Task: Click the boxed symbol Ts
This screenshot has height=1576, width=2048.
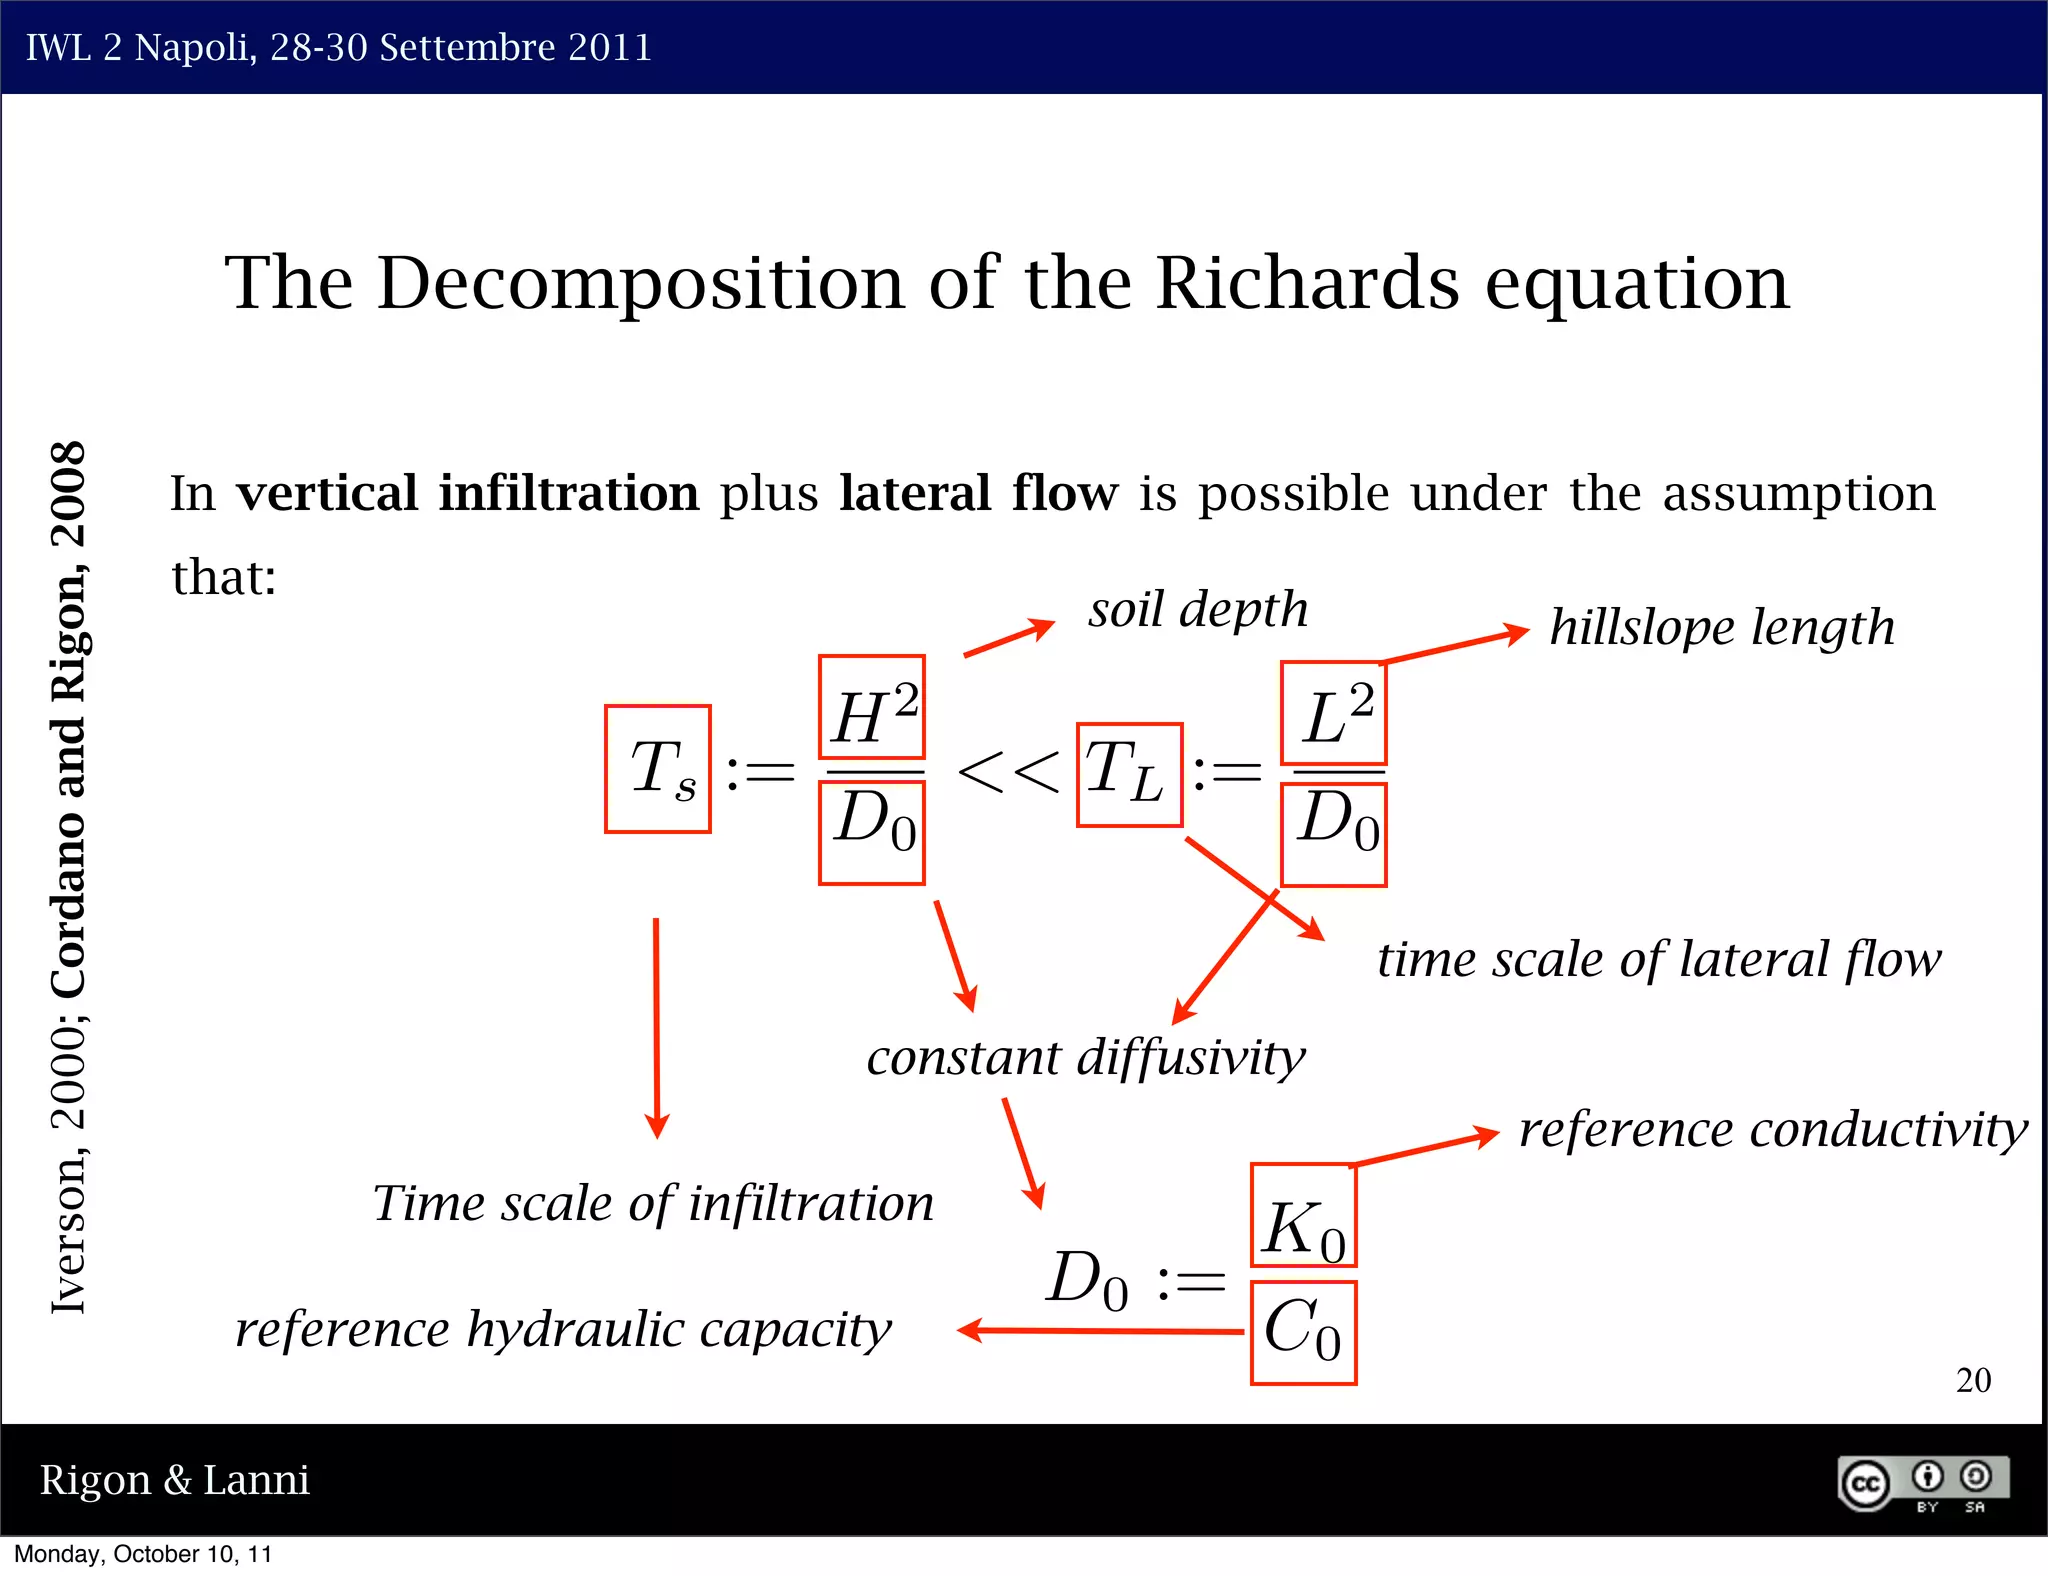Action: (x=658, y=769)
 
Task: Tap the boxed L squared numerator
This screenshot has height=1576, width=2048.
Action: (x=1334, y=712)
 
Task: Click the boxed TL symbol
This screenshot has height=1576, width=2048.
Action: (x=1129, y=775)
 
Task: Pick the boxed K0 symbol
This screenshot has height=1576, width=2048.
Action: (x=1303, y=1215)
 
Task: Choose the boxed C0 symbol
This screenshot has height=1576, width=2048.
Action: (x=1303, y=1332)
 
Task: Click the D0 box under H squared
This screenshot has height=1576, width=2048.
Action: (x=872, y=832)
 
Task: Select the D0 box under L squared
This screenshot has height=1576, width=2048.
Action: (x=1334, y=834)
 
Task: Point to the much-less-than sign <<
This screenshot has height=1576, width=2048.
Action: (x=1008, y=773)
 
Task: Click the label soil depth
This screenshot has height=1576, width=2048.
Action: (x=1198, y=610)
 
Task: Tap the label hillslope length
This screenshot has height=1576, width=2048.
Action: (x=1721, y=628)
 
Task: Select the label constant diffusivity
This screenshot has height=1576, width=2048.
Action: (x=1086, y=1058)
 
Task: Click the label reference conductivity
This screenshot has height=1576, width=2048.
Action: (x=1773, y=1130)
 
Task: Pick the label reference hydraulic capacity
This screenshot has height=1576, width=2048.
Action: (x=563, y=1330)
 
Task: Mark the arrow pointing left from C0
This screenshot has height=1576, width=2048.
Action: (x=1100, y=1331)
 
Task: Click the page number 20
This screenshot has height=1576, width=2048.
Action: (x=1973, y=1380)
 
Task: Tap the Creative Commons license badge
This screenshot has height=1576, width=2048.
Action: (x=1922, y=1484)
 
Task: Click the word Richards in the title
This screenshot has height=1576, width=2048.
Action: (x=1307, y=283)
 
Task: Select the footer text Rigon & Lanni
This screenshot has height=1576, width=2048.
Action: (x=175, y=1480)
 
